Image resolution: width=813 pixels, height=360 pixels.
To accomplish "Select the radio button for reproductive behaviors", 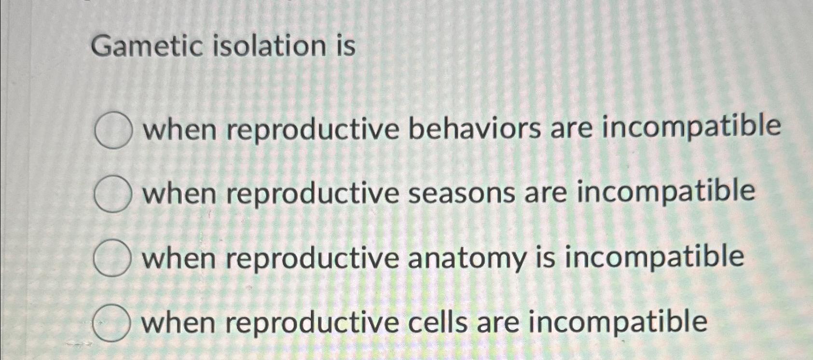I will coord(113,130).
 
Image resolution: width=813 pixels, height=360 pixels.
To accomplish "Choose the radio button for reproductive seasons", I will coord(113,194).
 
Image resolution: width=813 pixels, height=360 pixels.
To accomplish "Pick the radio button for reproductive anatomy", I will coord(112,259).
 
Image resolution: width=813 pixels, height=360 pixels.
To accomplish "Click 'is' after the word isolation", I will coord(347,46).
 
